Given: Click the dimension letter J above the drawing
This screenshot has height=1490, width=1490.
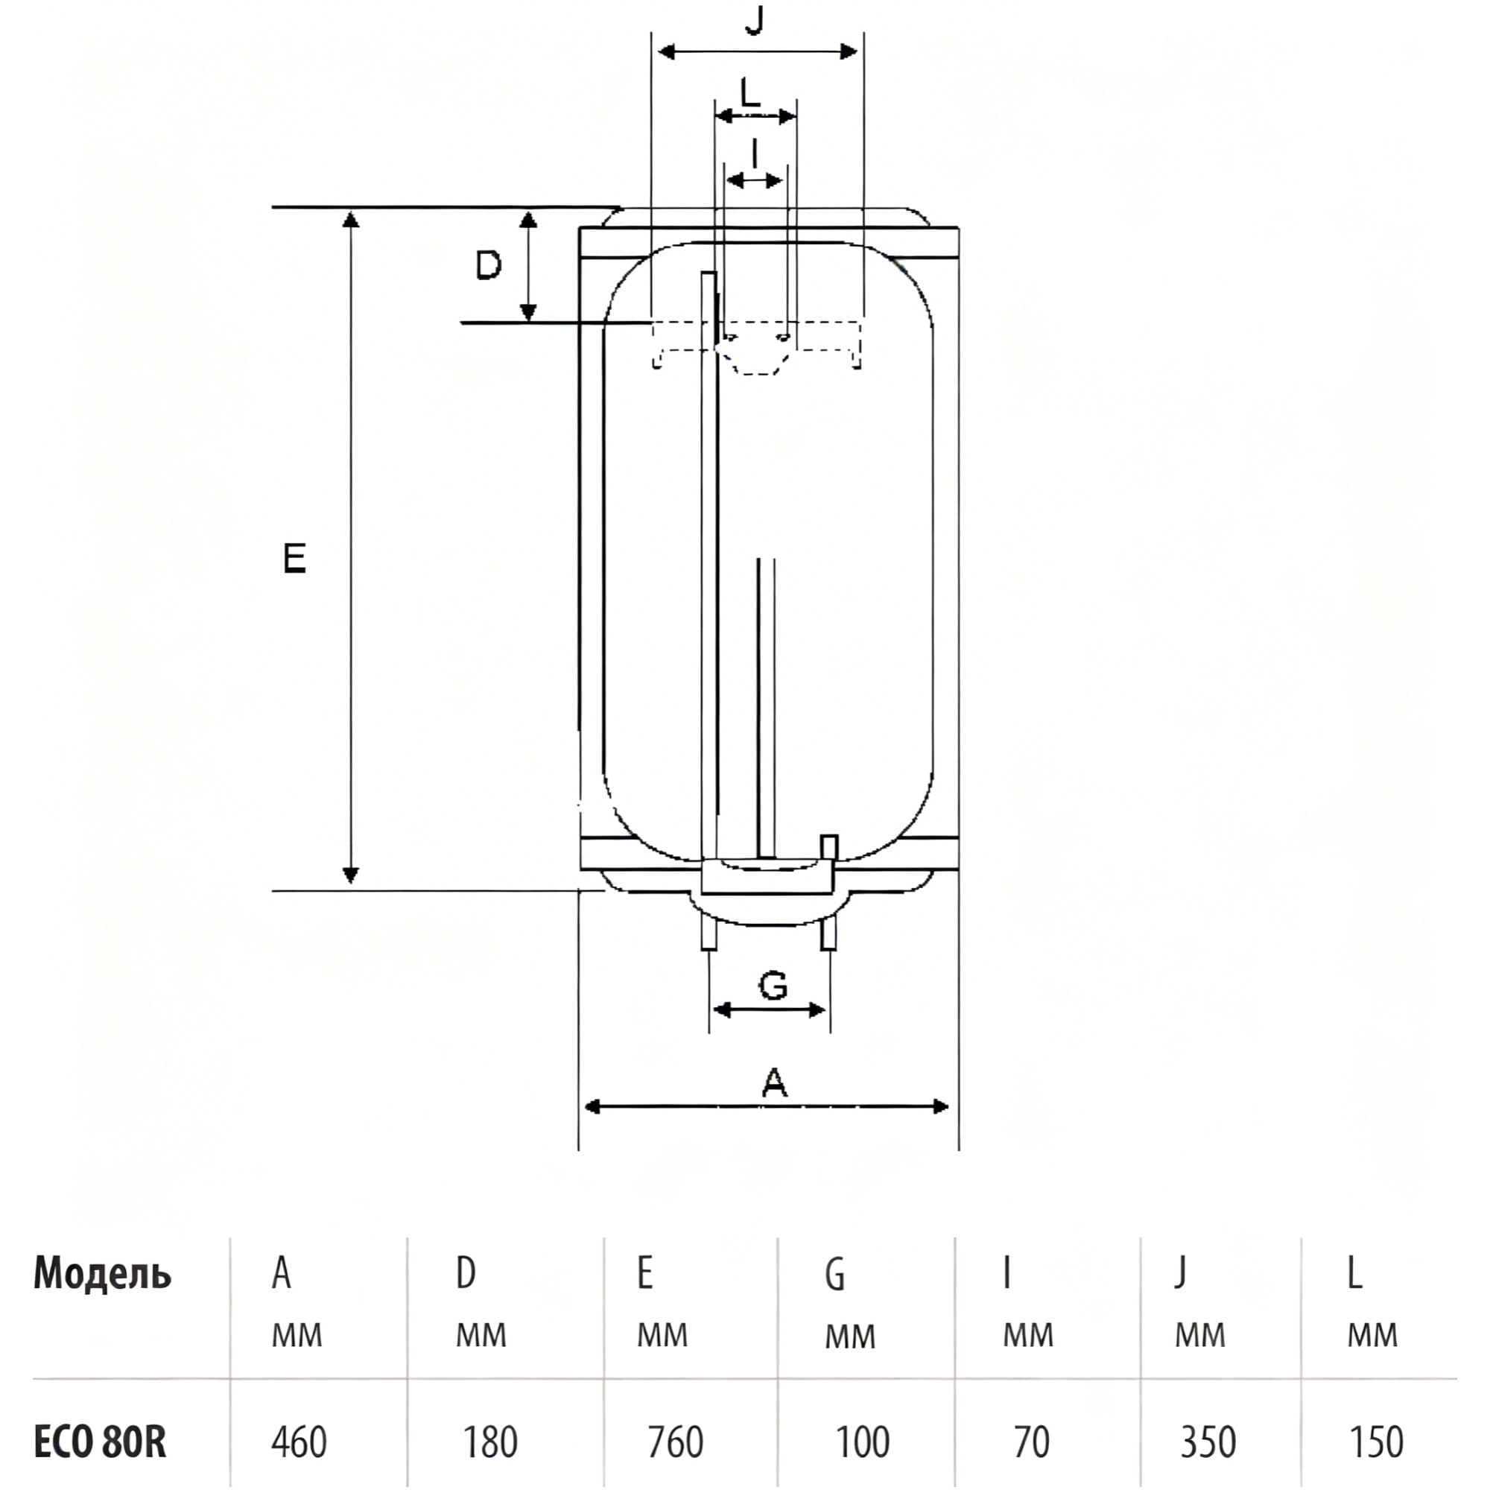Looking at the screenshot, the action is pyautogui.click(x=755, y=20).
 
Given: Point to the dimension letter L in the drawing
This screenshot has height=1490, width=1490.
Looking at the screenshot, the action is pyautogui.click(x=749, y=92).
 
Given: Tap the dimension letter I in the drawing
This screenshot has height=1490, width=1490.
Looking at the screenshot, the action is pyautogui.click(x=755, y=153).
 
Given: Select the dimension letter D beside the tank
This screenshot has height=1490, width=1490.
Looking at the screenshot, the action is pyautogui.click(x=488, y=265).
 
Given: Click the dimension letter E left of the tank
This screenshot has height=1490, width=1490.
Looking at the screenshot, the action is pyautogui.click(x=294, y=558).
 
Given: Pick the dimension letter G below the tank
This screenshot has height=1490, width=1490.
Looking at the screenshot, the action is pyautogui.click(x=773, y=985).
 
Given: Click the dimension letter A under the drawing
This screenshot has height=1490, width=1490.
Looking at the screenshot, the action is pyautogui.click(x=774, y=1082).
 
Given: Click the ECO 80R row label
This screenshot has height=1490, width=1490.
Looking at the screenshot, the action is pyautogui.click(x=101, y=1441).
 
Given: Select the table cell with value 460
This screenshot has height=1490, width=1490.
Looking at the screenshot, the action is pyautogui.click(x=299, y=1442).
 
